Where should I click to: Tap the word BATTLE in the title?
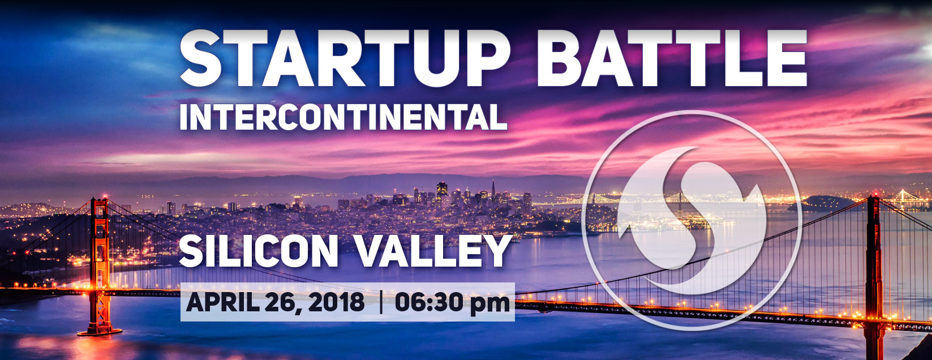pos(672,58)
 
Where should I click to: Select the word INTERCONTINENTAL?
pos(343,117)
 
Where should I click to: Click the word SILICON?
pos(259,251)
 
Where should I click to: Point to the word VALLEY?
pos(433,251)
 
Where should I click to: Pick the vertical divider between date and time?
pos(381,302)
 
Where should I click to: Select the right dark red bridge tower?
pos(874,275)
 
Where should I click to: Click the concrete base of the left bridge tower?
pos(100,332)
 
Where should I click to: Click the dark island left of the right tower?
pos(822,204)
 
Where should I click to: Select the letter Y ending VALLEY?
pos(497,251)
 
